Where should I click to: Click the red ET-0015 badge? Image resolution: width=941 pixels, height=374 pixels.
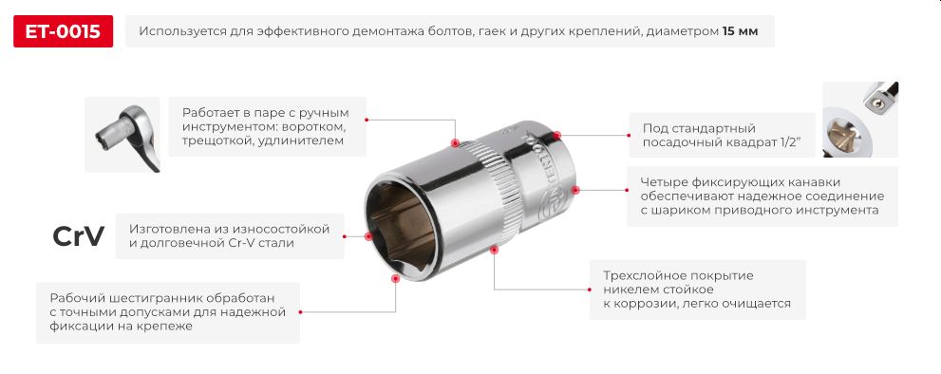click(64, 31)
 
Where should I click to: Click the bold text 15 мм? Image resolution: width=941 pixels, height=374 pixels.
click(740, 31)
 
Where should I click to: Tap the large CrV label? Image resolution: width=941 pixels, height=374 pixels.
click(78, 237)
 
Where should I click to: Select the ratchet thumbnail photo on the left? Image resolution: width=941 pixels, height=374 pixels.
click(122, 135)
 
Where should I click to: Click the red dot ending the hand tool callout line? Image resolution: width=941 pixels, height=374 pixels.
click(455, 144)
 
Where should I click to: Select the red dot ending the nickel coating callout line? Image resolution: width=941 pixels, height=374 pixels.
click(493, 251)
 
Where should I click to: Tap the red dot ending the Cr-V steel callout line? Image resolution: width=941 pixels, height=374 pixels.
click(368, 235)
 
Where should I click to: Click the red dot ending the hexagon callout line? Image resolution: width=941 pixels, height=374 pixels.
click(395, 278)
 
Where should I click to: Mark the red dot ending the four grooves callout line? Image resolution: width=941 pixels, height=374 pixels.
click(574, 189)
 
